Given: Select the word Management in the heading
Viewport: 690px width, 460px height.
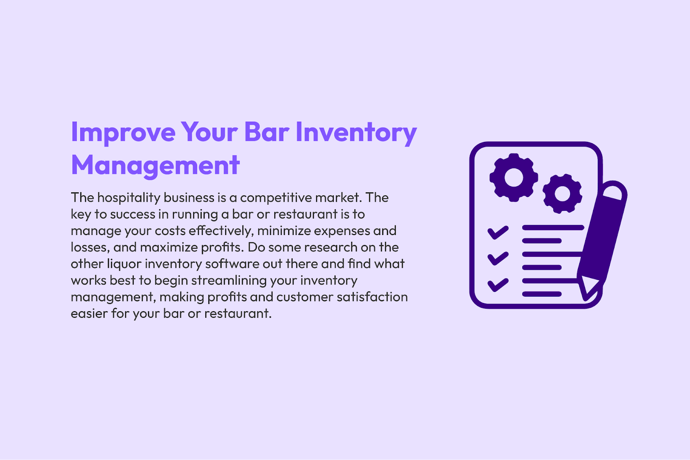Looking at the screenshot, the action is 155,166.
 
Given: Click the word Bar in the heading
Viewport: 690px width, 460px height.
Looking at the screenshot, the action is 267,132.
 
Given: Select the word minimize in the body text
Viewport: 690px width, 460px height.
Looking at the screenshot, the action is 284,231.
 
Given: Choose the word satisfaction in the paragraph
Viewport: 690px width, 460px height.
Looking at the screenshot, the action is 372,297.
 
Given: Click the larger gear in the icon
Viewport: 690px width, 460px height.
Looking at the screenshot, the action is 514,178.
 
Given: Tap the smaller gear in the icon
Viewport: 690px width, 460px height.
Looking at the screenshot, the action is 562,194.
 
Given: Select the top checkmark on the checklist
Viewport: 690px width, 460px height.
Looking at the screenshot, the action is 498,232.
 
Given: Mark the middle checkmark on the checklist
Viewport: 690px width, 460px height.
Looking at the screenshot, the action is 498,259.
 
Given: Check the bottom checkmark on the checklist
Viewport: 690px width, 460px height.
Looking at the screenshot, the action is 498,285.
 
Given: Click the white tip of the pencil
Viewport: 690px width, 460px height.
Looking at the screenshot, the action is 588,285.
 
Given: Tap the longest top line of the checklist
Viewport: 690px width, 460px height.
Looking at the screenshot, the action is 553,228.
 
